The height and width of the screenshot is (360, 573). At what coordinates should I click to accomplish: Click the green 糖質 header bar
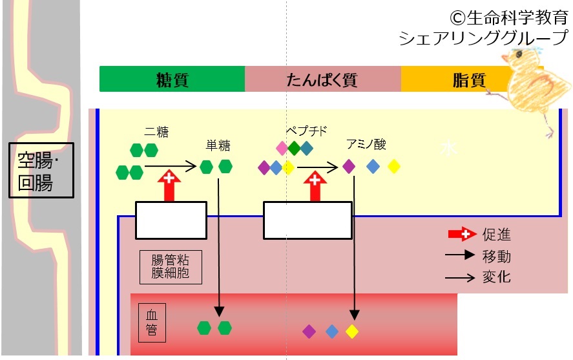coord(172,79)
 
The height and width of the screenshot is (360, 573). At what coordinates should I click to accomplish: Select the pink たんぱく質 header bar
coord(323,79)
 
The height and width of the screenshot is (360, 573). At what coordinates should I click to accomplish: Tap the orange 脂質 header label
coord(469,79)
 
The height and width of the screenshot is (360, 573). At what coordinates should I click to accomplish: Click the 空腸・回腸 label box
coord(41,171)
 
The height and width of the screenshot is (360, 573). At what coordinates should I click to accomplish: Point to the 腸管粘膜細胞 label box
coord(171,267)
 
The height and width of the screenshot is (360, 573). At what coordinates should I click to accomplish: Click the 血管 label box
coord(152,323)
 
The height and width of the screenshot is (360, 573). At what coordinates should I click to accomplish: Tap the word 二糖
coord(156,132)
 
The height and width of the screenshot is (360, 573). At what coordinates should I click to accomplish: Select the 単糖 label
coord(218,145)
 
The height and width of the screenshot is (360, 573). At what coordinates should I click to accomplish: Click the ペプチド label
coord(306,131)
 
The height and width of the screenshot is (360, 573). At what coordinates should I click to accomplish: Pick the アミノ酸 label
coord(366,144)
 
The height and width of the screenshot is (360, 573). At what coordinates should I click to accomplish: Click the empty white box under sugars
coord(171,220)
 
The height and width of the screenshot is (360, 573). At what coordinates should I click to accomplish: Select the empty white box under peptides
coord(307,220)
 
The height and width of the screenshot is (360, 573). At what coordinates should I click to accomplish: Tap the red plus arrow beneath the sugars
coord(169,185)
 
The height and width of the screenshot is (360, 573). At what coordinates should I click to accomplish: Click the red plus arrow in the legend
coord(463,234)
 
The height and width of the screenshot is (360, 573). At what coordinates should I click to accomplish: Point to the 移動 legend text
coord(496,256)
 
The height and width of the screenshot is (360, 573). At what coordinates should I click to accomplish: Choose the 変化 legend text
coord(496,277)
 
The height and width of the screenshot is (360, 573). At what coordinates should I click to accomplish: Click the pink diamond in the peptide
coord(282,148)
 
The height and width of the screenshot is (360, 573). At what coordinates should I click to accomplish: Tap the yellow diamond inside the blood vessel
coord(352,332)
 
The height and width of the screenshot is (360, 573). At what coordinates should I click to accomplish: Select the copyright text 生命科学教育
coord(509,17)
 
